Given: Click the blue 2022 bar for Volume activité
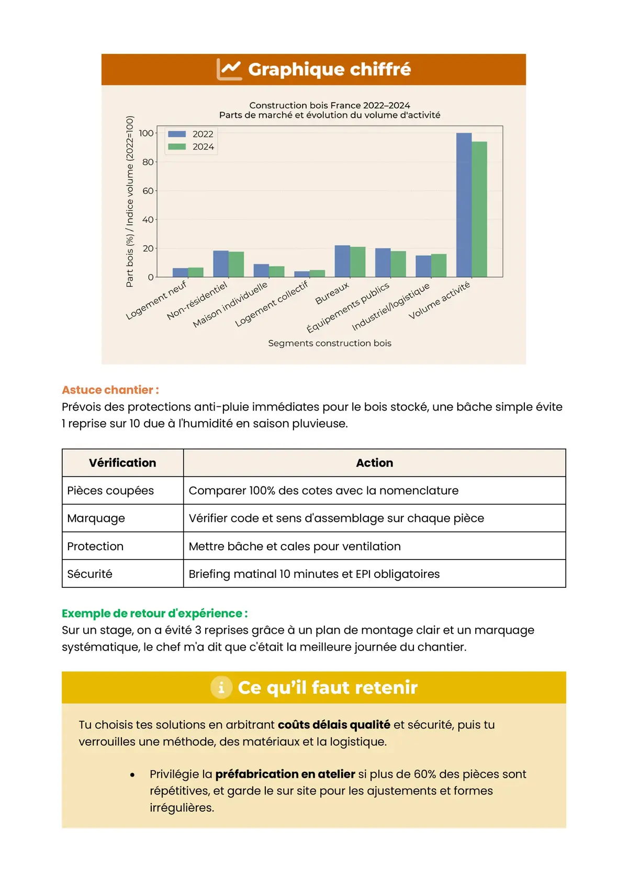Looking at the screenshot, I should pyautogui.click(x=464, y=205).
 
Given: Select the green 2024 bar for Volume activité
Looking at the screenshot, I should pyautogui.click(x=479, y=209).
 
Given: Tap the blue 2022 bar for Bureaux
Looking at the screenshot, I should pyautogui.click(x=342, y=261).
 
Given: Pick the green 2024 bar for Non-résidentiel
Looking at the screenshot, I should pyautogui.click(x=237, y=264).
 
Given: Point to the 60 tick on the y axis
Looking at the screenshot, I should pyautogui.click(x=148, y=191).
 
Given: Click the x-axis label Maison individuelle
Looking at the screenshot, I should pyautogui.click(x=230, y=305).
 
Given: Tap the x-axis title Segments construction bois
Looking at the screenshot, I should pyautogui.click(x=330, y=343).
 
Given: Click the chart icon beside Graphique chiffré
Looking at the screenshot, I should pyautogui.click(x=229, y=69).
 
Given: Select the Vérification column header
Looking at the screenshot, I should pyautogui.click(x=122, y=463).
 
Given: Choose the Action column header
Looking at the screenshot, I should pyautogui.click(x=374, y=463).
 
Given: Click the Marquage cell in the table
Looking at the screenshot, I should pyautogui.click(x=96, y=518).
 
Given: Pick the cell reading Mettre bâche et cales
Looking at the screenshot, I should pyautogui.click(x=295, y=546).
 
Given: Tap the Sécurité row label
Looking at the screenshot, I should pyautogui.click(x=90, y=574).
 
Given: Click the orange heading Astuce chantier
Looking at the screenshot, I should pyautogui.click(x=110, y=390).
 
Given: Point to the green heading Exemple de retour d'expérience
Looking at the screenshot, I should pyautogui.click(x=155, y=613).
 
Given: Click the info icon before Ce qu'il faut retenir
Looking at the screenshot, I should pyautogui.click(x=221, y=687).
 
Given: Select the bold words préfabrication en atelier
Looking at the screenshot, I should pyautogui.click(x=285, y=774).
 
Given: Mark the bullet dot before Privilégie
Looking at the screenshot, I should pyautogui.click(x=132, y=775).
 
